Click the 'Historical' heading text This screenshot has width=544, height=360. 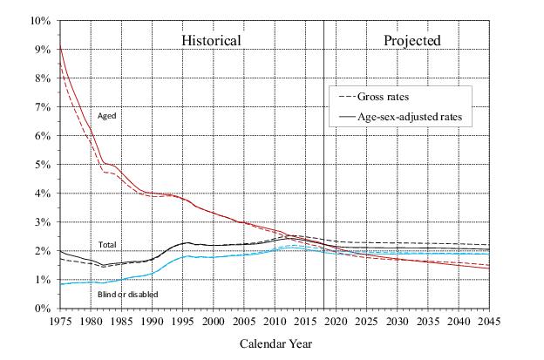point(211,40)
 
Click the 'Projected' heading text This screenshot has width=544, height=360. point(412,40)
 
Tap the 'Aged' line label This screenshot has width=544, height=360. point(106,115)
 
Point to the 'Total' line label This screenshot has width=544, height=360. point(107,245)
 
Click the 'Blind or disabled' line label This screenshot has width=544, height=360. point(126,295)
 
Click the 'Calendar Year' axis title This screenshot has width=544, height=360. point(275,343)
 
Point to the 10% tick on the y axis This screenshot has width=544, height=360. point(40,20)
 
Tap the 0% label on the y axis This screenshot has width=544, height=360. point(43,308)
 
